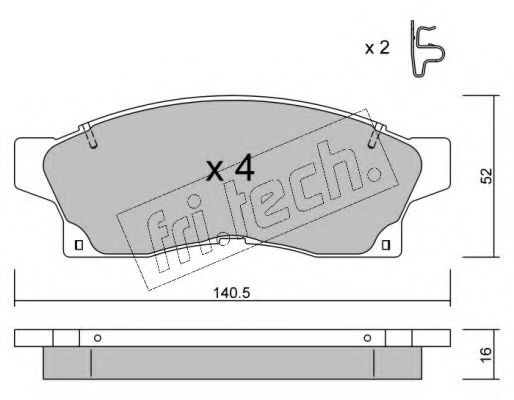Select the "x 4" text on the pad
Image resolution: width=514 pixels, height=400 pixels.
coord(230,169)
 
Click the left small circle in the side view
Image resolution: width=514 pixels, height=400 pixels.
coord(97,337)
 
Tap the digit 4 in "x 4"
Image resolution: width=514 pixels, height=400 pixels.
coord(243,169)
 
